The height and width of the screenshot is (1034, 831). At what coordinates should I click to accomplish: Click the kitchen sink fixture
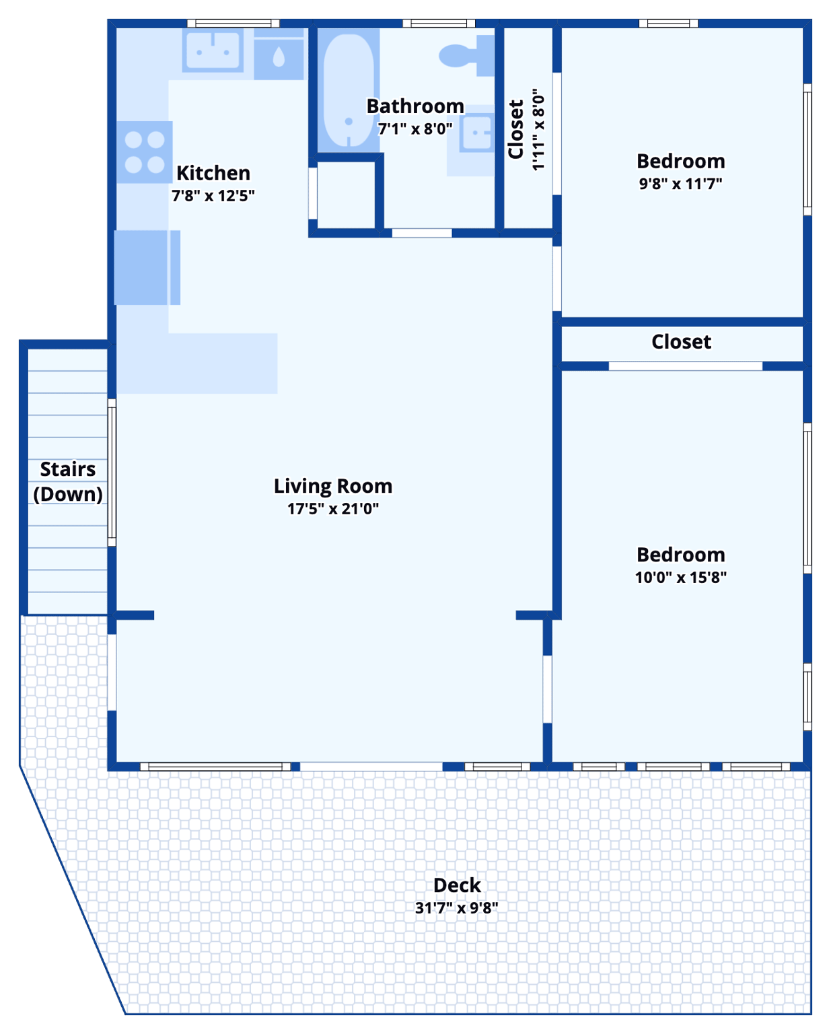[213, 50]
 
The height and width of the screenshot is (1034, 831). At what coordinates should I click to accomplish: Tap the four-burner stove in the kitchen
[145, 152]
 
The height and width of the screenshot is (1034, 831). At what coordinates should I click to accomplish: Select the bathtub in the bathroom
[348, 89]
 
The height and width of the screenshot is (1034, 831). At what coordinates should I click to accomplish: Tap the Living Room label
[332, 485]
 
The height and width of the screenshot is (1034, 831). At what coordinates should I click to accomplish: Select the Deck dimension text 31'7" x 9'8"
[456, 907]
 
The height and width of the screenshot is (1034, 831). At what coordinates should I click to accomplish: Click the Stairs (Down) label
[68, 481]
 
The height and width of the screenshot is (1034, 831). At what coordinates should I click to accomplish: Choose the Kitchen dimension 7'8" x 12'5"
[213, 196]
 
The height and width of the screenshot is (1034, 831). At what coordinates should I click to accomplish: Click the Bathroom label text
[415, 106]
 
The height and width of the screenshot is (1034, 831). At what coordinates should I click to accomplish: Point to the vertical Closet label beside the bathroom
[516, 129]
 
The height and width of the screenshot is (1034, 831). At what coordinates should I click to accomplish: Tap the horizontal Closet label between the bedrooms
[681, 342]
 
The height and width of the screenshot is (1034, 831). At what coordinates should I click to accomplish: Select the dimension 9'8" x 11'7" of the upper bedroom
[680, 183]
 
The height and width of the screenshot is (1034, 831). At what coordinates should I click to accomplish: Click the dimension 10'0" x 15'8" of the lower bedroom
[680, 577]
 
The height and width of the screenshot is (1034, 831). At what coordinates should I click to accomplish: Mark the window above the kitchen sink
[233, 24]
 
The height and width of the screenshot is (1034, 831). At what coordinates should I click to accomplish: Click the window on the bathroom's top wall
[439, 24]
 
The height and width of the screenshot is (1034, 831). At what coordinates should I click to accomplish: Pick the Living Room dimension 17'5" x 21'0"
[332, 508]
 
